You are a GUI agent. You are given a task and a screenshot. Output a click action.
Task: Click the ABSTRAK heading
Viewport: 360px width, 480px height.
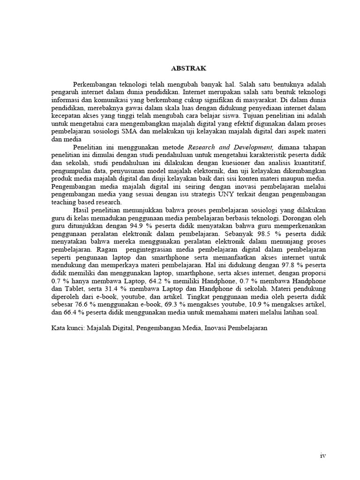[188, 68]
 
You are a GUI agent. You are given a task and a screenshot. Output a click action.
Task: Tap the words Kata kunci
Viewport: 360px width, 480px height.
[67, 328]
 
